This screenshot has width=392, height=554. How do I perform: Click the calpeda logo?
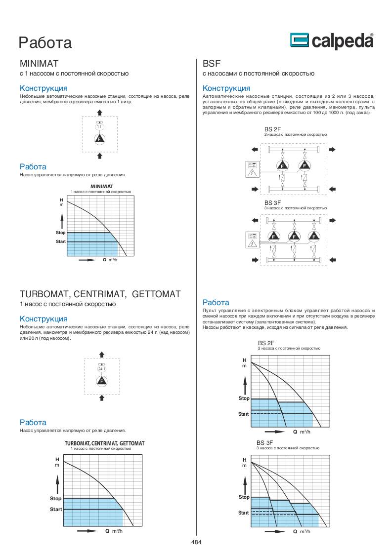(x=331, y=41)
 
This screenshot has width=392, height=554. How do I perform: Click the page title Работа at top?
(x=45, y=42)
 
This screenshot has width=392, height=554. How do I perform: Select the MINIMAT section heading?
(x=39, y=64)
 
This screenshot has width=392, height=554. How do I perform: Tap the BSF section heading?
(x=212, y=64)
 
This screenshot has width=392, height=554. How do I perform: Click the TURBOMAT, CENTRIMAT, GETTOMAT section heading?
(x=100, y=294)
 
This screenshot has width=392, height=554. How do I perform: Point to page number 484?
(x=196, y=542)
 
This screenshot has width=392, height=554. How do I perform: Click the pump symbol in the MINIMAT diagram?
(x=99, y=139)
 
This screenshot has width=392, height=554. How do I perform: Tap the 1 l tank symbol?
(x=99, y=127)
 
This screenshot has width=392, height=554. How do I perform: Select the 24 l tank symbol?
(x=101, y=369)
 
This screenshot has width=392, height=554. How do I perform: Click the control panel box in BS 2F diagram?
(x=252, y=169)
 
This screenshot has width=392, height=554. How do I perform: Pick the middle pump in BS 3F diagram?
(x=294, y=237)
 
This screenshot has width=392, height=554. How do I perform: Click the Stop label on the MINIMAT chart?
(x=60, y=232)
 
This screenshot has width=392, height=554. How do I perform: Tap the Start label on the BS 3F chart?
(x=243, y=513)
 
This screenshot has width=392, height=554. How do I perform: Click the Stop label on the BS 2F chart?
(x=244, y=398)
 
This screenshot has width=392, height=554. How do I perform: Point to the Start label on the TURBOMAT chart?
(x=56, y=509)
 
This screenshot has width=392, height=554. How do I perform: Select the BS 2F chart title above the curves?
(x=266, y=343)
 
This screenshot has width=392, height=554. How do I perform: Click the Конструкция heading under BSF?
(x=226, y=88)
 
